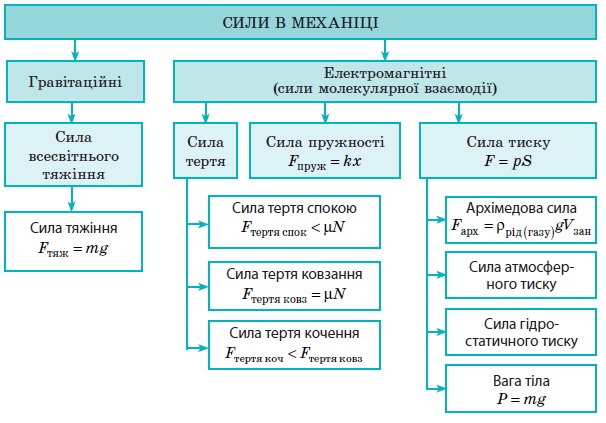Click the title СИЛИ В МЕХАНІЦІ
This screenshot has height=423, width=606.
click(x=300, y=22)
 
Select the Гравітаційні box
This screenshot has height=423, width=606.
click(x=75, y=82)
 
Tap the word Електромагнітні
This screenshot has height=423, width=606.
click(x=385, y=73)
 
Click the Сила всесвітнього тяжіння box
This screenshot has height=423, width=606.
click(x=73, y=155)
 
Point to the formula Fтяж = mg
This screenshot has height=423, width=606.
click(x=73, y=249)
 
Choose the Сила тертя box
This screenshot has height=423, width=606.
click(x=205, y=151)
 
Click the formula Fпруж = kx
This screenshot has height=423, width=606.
click(x=325, y=162)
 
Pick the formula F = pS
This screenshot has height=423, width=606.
click(x=508, y=161)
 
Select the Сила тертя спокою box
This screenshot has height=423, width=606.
click(x=294, y=222)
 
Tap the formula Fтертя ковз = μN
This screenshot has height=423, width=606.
click(x=294, y=295)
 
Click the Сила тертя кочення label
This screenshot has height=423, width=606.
click(x=294, y=333)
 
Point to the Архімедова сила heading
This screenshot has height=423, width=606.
click(x=521, y=208)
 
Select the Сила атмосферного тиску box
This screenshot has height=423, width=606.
click(x=521, y=275)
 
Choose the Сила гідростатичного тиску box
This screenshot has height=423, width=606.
click(x=521, y=332)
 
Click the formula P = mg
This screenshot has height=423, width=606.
click(x=521, y=399)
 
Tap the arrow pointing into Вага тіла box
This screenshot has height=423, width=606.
click(x=436, y=389)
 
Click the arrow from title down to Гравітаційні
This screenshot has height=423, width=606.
click(x=75, y=49)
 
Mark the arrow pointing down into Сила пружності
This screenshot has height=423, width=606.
click(x=325, y=113)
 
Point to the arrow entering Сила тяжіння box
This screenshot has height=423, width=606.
click(x=71, y=199)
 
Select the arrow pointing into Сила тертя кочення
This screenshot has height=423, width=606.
click(x=197, y=348)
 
